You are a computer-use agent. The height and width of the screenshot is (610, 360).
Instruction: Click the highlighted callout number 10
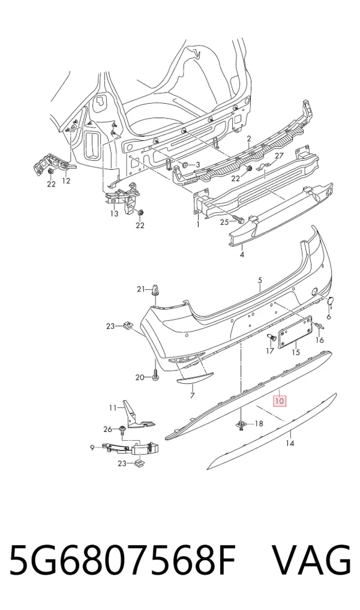[x=280, y=400]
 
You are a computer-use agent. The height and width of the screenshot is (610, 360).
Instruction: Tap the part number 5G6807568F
[x=122, y=560]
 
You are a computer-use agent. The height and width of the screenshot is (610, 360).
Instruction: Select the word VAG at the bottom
[x=311, y=560]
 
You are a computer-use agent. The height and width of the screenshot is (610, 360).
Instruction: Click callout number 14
[x=290, y=443]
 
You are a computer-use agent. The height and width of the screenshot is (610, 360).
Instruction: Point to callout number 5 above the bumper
[x=260, y=280]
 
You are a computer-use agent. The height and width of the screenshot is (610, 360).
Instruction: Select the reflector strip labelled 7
[x=196, y=377]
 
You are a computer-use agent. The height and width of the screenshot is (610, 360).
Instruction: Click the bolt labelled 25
[x=236, y=221]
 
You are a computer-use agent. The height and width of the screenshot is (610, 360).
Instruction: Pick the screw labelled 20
[x=155, y=373]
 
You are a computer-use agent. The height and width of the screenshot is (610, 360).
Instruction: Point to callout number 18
[x=259, y=423]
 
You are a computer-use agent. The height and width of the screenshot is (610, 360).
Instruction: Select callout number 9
[x=92, y=448]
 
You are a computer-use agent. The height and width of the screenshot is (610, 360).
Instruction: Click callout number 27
[x=278, y=155]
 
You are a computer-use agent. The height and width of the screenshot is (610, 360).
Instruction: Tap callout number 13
[x=113, y=214]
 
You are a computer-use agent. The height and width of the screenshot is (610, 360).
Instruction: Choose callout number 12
[x=66, y=181]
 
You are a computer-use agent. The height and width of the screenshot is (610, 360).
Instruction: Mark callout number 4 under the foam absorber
[x=242, y=254]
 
